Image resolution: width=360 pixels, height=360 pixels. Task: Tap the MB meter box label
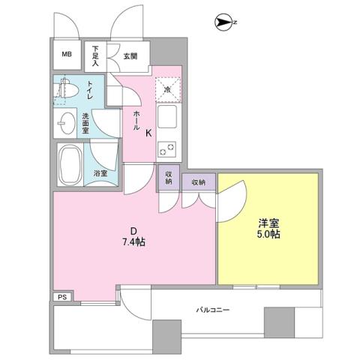click(x=67, y=55)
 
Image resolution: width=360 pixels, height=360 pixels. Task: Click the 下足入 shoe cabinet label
click(x=96, y=55)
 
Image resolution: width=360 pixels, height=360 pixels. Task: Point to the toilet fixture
click(x=68, y=90)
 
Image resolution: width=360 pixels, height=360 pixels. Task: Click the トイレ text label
click(x=90, y=91)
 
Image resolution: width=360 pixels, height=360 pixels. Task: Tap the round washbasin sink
click(x=65, y=120)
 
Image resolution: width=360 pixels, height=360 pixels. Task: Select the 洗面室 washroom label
click(x=85, y=121)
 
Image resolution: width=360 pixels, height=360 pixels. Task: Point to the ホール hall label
click(x=136, y=121)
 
